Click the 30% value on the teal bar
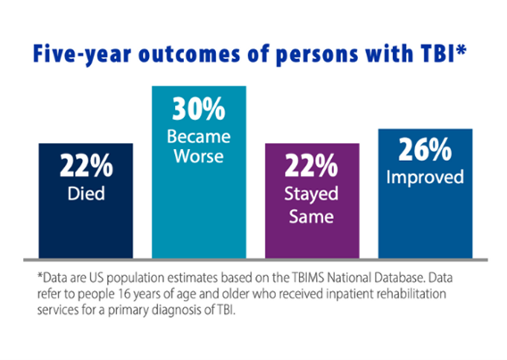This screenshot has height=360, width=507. pyautogui.click(x=198, y=109)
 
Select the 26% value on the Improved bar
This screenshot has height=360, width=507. pyautogui.click(x=425, y=149)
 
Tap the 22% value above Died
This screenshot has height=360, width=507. pyautogui.click(x=87, y=165)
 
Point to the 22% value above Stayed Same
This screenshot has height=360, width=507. pyautogui.click(x=312, y=165)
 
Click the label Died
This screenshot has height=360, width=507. pyautogui.click(x=87, y=194)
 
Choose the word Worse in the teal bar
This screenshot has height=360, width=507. pyautogui.click(x=198, y=156)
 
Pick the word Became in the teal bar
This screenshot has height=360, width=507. pyautogui.click(x=198, y=137)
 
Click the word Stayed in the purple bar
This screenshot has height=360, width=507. pyautogui.click(x=312, y=195)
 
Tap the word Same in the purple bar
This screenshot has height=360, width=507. pyautogui.click(x=312, y=216)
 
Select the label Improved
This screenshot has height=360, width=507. pyautogui.click(x=425, y=178)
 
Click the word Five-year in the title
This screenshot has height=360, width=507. pyautogui.click(x=82, y=54)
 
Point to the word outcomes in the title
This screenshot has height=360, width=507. pyautogui.click(x=189, y=54)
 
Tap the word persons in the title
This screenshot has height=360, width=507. pyautogui.click(x=317, y=54)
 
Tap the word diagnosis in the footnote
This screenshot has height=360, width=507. pyautogui.click(x=178, y=311)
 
